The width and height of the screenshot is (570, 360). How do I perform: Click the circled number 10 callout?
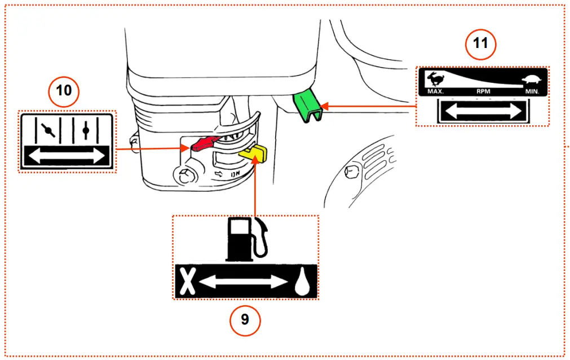coord(64,90)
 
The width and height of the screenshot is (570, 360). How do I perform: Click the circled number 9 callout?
coord(245,319)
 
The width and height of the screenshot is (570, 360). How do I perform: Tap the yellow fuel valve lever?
coord(253,152)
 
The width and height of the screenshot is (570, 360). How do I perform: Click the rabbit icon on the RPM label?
coord(434,78)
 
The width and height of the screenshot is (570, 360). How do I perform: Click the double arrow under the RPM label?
coord(483,111)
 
